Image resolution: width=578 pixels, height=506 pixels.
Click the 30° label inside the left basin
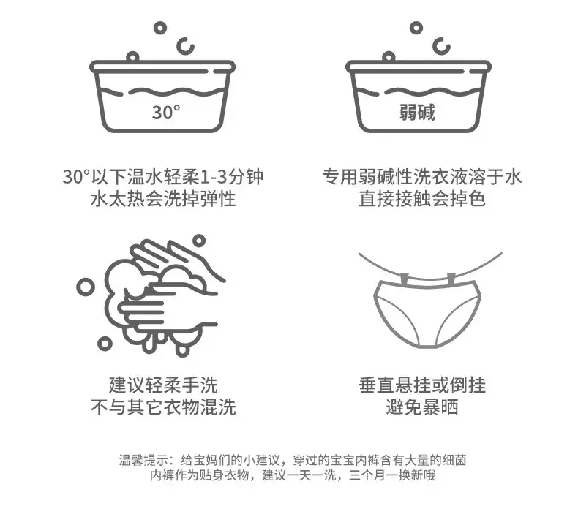tap(166, 112)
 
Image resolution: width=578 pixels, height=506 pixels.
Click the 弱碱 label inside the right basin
tap(417, 112)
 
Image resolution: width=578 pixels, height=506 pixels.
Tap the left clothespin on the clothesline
tap(405, 279)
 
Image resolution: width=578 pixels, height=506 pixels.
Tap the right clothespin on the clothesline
tap(451, 279)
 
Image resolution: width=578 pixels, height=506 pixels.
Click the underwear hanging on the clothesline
tap(427, 314)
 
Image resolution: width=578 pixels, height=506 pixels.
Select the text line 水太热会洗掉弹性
tap(163, 199)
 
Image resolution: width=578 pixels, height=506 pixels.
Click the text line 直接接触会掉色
tap(422, 199)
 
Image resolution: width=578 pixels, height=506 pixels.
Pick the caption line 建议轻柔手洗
tap(163, 385)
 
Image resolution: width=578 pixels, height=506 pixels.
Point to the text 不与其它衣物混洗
tap(163, 407)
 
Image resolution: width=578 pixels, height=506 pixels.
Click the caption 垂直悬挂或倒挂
tap(422, 385)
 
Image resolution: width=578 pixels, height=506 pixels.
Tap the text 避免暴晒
tap(422, 407)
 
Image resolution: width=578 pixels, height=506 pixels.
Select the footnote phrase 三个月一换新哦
tap(393, 475)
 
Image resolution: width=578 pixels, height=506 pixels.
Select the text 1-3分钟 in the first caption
tap(231, 177)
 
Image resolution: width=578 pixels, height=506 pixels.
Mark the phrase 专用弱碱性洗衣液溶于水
tap(422, 177)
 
